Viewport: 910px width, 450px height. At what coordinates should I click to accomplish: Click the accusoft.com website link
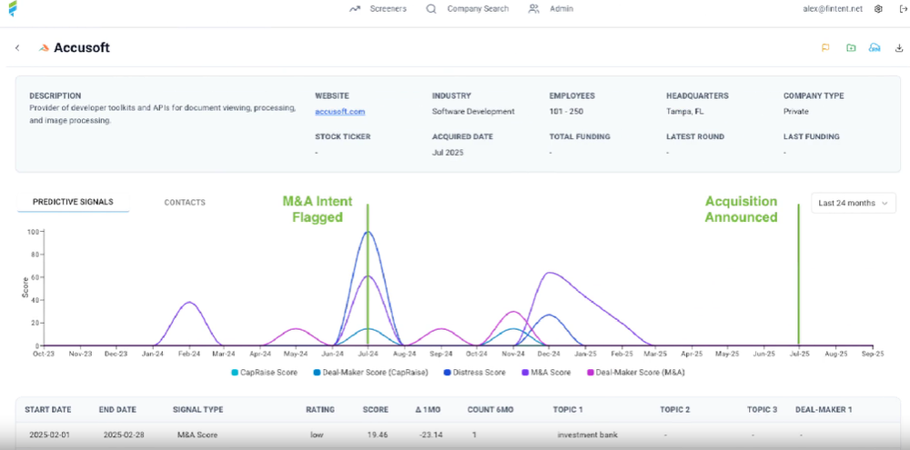tap(339, 112)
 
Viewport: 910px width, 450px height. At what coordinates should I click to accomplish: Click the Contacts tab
tap(185, 203)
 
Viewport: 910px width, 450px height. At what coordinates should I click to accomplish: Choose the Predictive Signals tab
tap(73, 203)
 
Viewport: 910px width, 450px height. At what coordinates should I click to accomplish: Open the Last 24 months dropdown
tap(853, 204)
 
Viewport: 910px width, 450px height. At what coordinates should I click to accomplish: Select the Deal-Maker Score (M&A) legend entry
tap(640, 373)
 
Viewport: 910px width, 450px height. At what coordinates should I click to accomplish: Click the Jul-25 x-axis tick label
tap(798, 354)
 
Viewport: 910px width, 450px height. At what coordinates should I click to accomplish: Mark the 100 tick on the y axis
tap(33, 232)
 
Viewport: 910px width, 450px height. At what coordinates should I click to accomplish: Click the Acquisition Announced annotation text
tap(741, 209)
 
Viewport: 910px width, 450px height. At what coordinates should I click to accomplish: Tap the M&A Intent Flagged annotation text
tap(317, 209)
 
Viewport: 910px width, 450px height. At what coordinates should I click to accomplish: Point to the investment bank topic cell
tap(587, 435)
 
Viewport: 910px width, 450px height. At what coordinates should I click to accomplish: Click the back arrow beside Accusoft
tap(17, 48)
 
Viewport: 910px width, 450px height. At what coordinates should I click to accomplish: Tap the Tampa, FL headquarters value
tap(686, 112)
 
